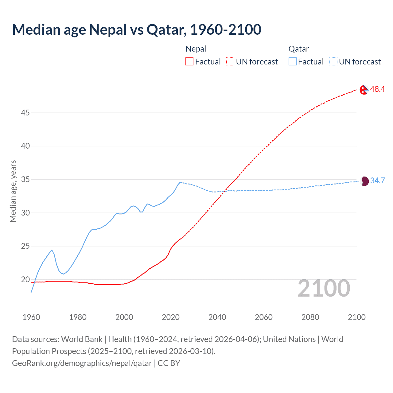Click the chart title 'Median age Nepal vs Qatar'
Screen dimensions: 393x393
137,29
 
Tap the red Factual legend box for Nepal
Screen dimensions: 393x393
189,62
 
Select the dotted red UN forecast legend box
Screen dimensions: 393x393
230,62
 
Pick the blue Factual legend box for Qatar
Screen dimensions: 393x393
293,62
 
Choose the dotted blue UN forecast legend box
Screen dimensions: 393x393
333,62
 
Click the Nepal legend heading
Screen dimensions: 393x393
196,49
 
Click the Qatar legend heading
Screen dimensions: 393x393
298,49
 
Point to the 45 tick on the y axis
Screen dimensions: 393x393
25,113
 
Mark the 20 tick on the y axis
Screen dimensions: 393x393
25,279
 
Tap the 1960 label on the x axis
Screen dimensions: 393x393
31,317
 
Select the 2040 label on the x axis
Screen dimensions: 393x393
217,317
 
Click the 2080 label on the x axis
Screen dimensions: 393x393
310,317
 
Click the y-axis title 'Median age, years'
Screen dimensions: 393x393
13,191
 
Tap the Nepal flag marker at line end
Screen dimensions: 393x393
364,90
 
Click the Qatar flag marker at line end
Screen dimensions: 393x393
364,181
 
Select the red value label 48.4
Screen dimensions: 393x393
377,89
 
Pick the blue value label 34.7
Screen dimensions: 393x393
377,181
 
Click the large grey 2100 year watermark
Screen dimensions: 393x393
324,288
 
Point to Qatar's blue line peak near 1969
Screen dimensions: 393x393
52,250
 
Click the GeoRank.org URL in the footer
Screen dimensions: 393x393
82,363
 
